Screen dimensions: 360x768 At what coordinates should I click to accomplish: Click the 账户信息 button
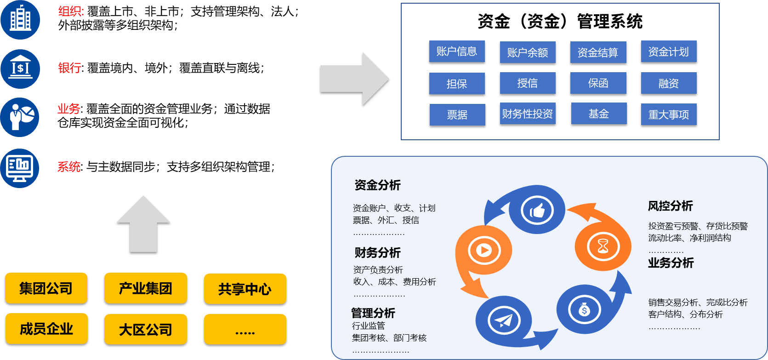tap(456, 51)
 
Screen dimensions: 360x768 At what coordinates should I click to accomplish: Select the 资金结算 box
tap(597, 52)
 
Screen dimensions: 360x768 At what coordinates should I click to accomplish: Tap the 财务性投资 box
tap(527, 114)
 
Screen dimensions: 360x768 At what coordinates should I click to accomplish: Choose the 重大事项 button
tap(668, 114)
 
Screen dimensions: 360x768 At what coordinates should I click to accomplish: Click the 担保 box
tap(456, 84)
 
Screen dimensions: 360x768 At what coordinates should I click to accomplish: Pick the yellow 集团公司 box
tap(46, 288)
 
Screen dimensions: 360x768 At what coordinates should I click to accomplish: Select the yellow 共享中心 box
tap(245, 289)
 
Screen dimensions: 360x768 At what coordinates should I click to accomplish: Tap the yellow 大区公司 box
tap(145, 329)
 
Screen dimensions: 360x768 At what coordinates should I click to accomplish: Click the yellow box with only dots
tap(245, 330)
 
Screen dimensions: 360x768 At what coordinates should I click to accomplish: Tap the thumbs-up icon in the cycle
tap(537, 211)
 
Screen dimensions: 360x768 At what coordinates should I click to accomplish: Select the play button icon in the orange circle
tap(484, 250)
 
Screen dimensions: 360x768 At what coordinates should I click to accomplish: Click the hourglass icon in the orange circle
tap(603, 246)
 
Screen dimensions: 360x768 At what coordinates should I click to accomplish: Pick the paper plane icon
tap(504, 320)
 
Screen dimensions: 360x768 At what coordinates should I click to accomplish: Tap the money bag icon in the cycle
tap(584, 310)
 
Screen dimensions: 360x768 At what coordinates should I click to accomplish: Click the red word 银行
tap(69, 68)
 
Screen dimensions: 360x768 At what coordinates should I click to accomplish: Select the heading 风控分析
tap(670, 206)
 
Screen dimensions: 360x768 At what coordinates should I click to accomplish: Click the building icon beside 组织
tap(20, 20)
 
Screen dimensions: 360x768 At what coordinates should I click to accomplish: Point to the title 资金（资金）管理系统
tap(560, 21)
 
